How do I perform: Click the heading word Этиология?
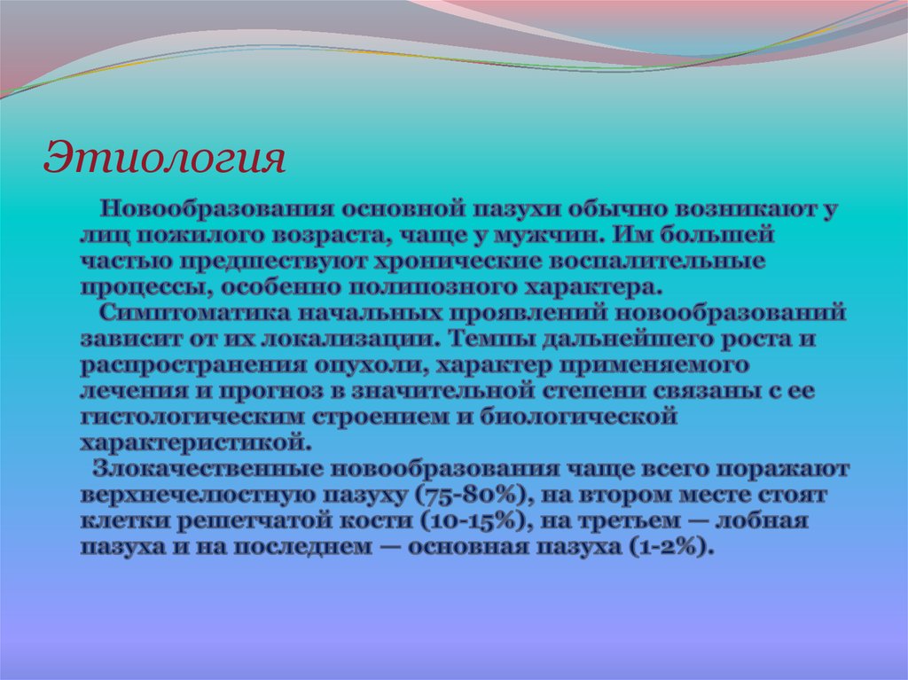[x=165, y=158]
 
